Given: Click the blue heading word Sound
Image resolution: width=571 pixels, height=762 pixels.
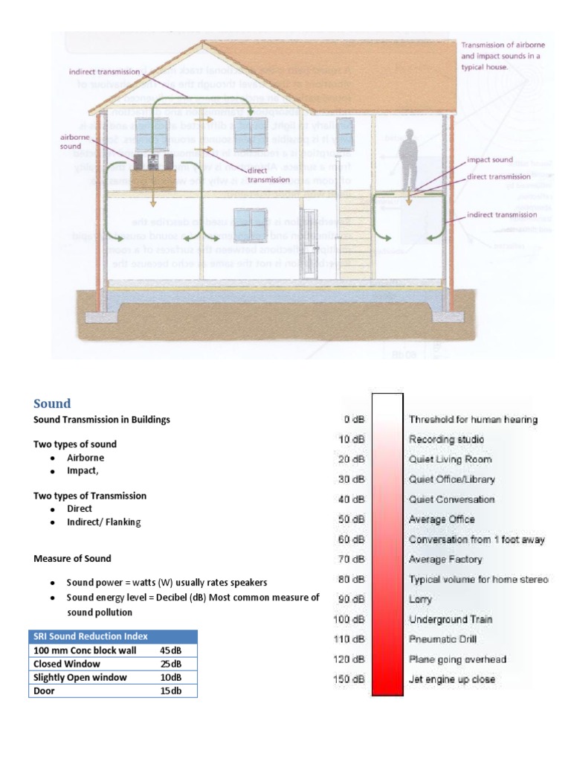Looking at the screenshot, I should click(x=52, y=403).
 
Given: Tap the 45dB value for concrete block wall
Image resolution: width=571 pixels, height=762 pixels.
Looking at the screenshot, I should click(x=171, y=650).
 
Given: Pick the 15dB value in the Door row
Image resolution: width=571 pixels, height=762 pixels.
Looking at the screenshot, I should click(x=171, y=691).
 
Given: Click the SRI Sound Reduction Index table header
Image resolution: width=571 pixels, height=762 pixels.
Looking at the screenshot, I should click(x=90, y=636).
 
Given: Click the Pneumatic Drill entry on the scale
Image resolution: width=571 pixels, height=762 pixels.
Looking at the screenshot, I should click(x=442, y=639).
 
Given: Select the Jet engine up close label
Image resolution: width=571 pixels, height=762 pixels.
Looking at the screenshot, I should click(x=451, y=679).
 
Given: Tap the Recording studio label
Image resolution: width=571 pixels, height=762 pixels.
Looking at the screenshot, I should click(x=446, y=439).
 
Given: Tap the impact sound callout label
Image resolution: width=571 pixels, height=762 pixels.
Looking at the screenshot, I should click(x=489, y=160).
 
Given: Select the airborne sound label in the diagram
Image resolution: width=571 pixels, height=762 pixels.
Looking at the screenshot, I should click(x=71, y=142).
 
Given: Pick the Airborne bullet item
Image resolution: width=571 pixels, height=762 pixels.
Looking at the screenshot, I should click(x=86, y=458).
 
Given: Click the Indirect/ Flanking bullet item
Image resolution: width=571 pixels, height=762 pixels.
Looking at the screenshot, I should click(x=103, y=522).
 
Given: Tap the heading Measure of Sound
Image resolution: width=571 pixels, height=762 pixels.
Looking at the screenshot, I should click(x=73, y=558).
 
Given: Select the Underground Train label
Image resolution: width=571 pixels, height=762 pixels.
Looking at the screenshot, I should click(x=451, y=619).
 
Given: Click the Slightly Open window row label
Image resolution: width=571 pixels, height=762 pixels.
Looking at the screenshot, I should click(x=80, y=677).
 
